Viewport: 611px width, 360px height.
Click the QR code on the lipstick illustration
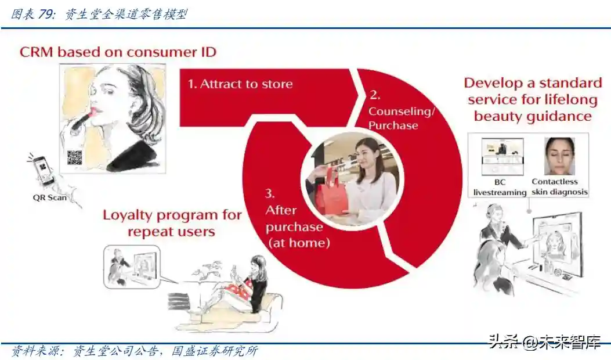(x=74, y=157)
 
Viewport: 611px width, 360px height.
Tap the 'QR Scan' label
(x=49, y=197)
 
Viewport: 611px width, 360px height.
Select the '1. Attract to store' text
(x=240, y=84)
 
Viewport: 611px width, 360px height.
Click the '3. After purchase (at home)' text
(x=298, y=218)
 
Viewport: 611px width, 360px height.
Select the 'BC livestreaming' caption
(x=500, y=187)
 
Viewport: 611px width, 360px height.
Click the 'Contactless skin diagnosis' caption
(x=559, y=186)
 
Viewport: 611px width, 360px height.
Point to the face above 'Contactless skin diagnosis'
(x=559, y=156)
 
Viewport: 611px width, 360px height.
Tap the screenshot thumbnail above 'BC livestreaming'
(x=502, y=156)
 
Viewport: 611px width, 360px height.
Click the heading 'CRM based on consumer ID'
(x=118, y=52)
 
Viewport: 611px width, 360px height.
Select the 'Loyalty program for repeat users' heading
(x=172, y=223)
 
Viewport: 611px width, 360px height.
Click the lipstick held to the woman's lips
(x=84, y=118)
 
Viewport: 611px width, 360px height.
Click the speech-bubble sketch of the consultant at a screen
(x=132, y=267)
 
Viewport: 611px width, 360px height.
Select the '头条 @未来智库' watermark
(x=544, y=343)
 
